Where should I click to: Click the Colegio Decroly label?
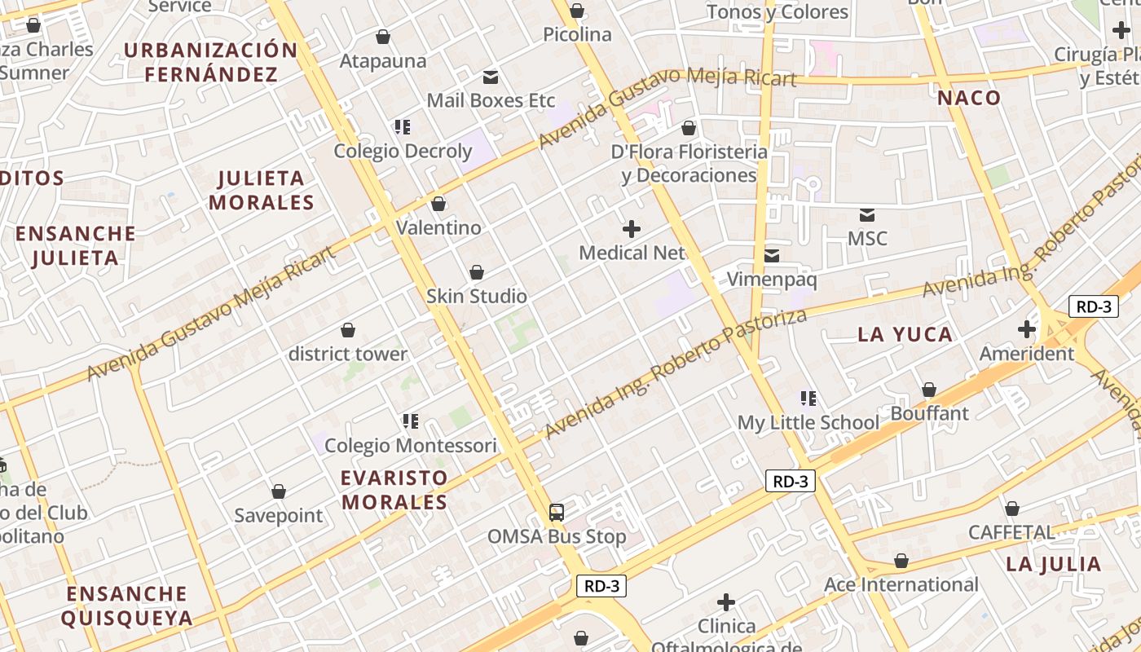[403, 151]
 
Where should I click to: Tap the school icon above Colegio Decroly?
[403, 126]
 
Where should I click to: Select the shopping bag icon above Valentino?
[438, 204]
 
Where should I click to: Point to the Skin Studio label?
[477, 296]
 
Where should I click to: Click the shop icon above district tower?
[348, 330]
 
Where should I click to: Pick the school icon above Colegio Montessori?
[411, 421]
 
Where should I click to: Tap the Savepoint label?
[279, 515]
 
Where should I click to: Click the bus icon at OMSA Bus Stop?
[557, 513]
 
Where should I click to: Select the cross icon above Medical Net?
[632, 229]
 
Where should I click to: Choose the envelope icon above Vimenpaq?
[772, 256]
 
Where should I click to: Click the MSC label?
[867, 239]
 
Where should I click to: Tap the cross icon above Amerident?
[1027, 329]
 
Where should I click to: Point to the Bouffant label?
[929, 413]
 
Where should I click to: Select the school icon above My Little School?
[808, 399]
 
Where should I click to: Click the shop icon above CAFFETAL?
[1012, 509]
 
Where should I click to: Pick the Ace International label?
[901, 584]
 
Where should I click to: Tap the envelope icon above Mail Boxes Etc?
[491, 77]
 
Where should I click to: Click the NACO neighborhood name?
[969, 99]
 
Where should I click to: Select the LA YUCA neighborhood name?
[905, 334]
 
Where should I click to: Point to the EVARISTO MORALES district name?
[394, 489]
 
